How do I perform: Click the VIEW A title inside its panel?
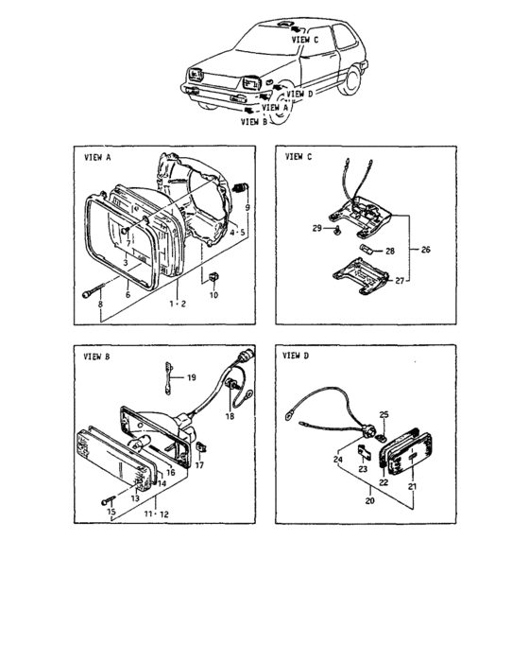(98, 160)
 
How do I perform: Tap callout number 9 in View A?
(247, 206)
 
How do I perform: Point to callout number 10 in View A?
(213, 296)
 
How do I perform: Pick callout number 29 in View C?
(316, 229)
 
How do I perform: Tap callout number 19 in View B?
(192, 377)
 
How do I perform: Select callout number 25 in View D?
(384, 415)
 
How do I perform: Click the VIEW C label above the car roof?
(305, 41)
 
